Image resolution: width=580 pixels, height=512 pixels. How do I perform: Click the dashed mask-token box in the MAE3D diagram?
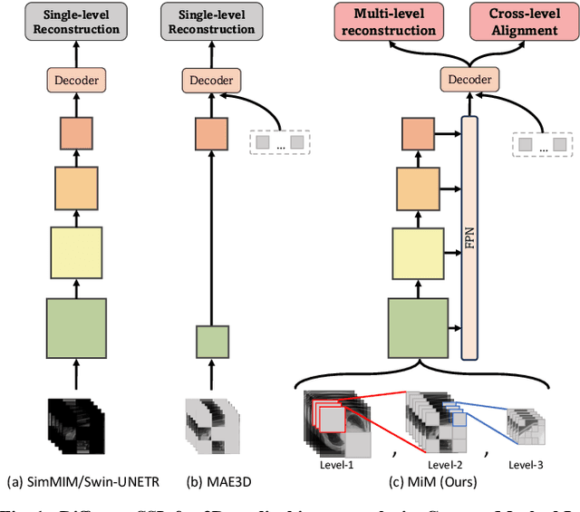tap(279, 142)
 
